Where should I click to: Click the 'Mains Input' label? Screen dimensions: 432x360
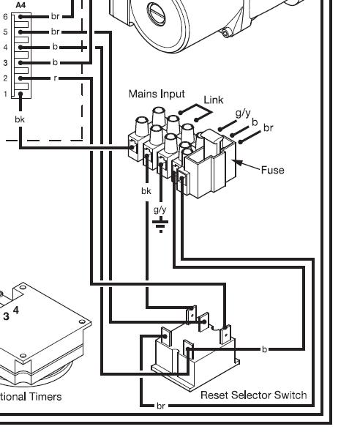click(x=157, y=94)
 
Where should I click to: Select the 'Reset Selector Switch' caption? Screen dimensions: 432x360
click(x=253, y=395)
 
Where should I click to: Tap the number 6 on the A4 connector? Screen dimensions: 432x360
click(x=5, y=16)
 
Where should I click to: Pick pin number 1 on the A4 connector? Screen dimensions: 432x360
click(x=5, y=94)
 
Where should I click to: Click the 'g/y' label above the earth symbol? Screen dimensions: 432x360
click(x=160, y=209)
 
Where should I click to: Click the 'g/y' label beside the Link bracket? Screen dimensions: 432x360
click(x=242, y=113)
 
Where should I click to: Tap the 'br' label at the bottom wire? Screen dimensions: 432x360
click(x=160, y=405)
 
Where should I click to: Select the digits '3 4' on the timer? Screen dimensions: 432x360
click(x=12, y=313)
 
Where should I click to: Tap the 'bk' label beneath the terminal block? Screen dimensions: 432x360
click(x=146, y=191)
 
